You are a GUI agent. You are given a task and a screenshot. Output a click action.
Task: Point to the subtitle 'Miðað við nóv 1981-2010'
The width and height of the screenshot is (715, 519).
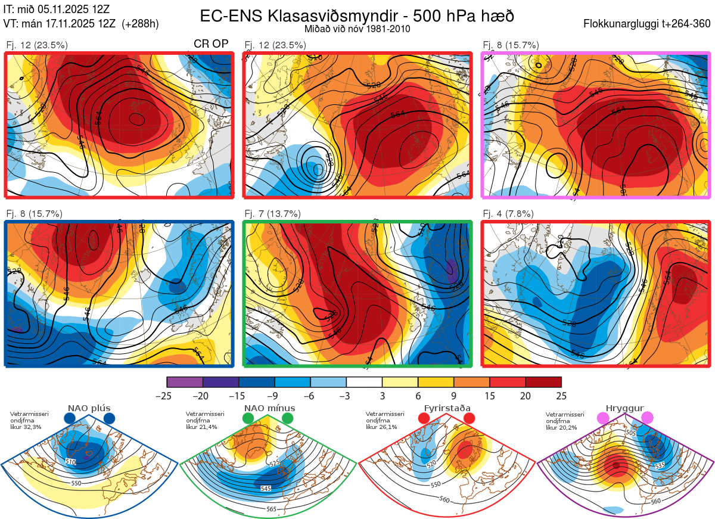click(x=357, y=29)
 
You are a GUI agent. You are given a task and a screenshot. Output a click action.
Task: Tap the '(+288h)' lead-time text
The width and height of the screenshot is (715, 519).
click(x=140, y=24)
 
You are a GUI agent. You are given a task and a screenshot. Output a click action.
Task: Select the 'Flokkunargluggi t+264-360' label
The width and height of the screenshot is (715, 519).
click(x=648, y=24)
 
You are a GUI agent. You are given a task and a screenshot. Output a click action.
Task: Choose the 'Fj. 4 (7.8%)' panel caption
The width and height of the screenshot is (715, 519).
click(x=508, y=214)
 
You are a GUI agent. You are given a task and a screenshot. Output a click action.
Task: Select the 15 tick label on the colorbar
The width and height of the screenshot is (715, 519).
click(x=489, y=396)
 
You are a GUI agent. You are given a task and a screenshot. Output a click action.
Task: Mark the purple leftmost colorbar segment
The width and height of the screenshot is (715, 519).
click(x=185, y=382)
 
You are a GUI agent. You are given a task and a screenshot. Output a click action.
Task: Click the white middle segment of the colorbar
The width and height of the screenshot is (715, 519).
click(x=364, y=382)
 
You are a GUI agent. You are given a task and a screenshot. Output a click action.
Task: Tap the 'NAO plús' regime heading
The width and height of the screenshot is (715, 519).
click(x=89, y=408)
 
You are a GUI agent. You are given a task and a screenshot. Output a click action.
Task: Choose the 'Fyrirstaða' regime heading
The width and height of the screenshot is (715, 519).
click(x=447, y=408)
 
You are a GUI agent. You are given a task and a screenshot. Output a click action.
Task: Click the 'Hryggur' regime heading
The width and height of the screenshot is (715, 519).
click(x=621, y=408)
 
